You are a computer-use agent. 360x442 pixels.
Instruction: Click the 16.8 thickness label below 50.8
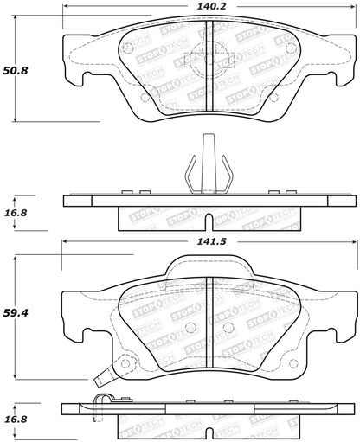click(x=18, y=208)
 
